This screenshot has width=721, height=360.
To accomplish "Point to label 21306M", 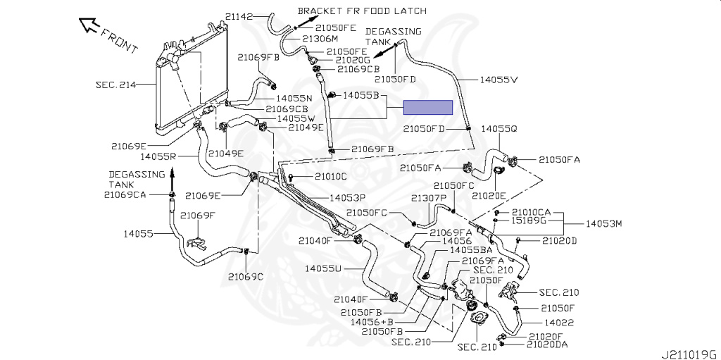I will coord(321,39).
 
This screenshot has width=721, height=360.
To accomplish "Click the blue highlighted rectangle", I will coord(427,108).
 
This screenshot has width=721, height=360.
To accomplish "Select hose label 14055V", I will coord(499,80).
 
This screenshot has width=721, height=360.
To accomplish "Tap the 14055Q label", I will coord(499,130).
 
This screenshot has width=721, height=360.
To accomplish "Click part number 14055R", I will coord(158,156).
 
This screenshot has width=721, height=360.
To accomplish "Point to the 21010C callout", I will coord(331,176).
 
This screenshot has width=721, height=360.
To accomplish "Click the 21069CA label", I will coord(125,194).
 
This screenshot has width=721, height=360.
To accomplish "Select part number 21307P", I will coord(430,198).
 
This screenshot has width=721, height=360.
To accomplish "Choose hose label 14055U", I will coord(323,268).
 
